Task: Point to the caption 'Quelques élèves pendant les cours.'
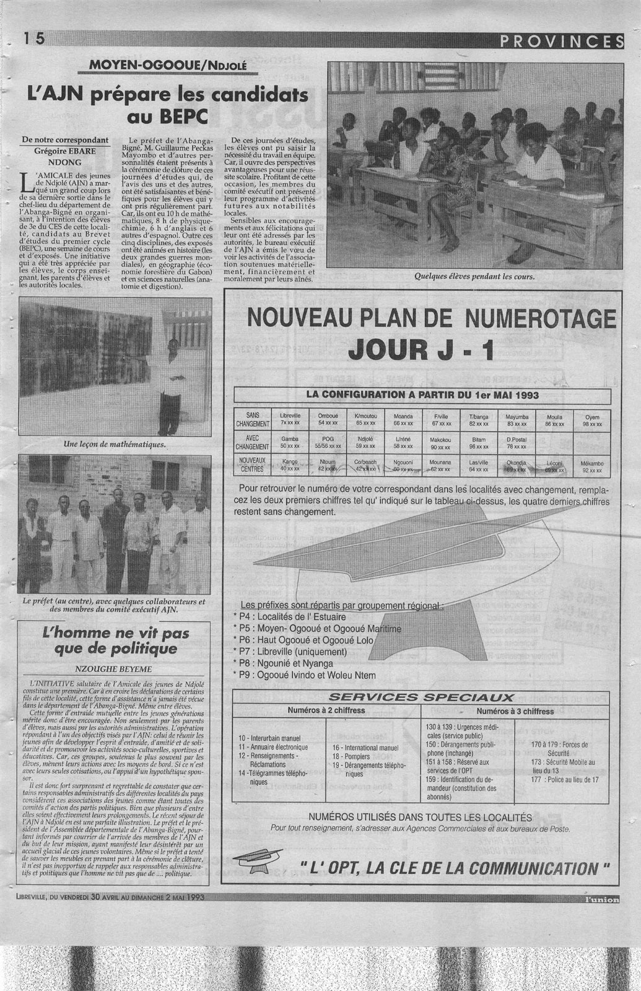(x=474, y=276)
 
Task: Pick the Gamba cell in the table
(x=290, y=442)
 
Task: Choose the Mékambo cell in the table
(x=591, y=466)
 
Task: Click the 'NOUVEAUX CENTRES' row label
(x=253, y=465)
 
